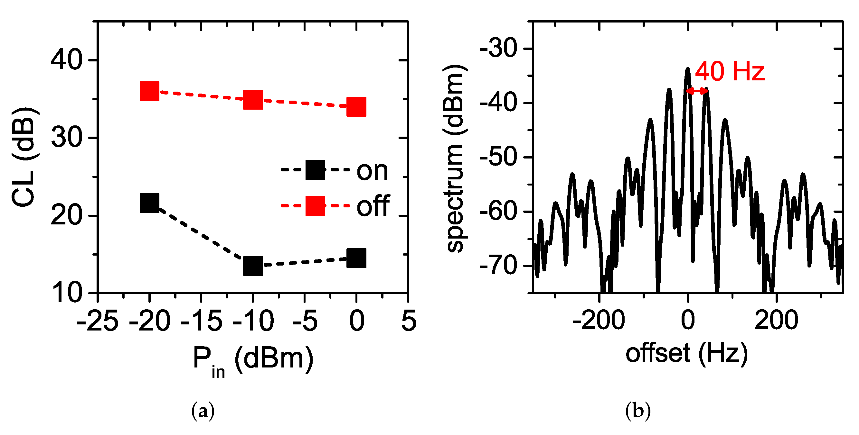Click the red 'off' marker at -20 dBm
(149, 91)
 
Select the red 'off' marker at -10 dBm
(253, 100)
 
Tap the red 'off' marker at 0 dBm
(356, 107)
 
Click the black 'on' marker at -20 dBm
(149, 203)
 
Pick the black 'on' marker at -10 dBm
(253, 266)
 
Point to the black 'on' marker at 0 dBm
(356, 258)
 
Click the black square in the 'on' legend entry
(315, 169)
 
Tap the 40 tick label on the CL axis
(66, 60)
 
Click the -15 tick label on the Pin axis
(201, 321)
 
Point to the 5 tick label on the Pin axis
(409, 321)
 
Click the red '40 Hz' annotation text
(730, 71)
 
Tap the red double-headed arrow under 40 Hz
(697, 91)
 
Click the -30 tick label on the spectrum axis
(498, 49)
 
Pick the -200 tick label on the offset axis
(599, 321)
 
